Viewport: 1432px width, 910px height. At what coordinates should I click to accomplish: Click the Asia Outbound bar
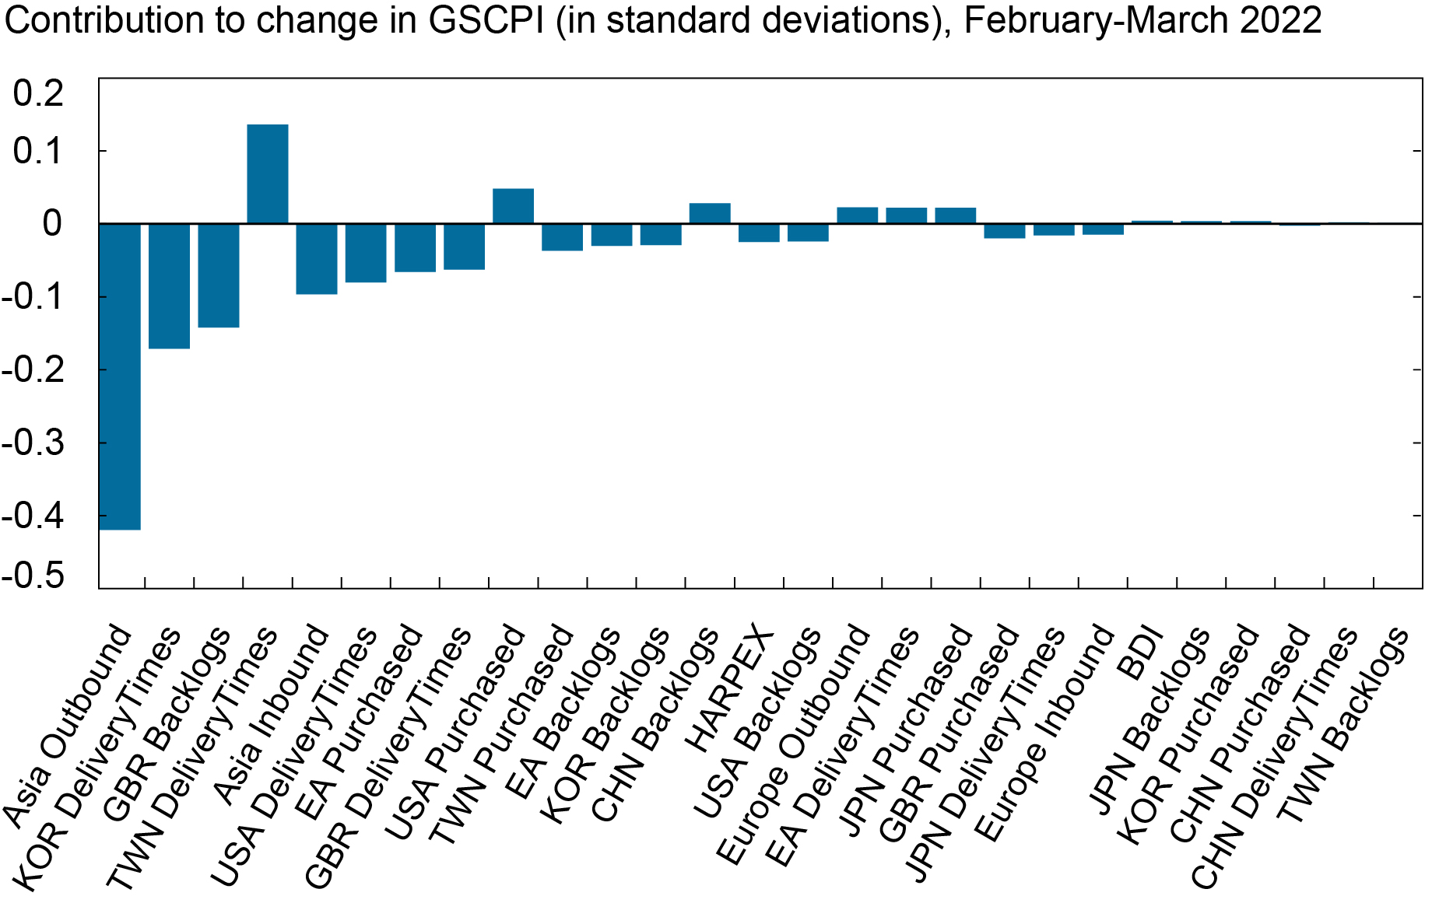pos(120,376)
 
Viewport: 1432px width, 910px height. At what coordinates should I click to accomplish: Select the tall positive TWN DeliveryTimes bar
pos(267,174)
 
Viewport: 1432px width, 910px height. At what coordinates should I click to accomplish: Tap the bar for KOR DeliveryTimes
pos(169,285)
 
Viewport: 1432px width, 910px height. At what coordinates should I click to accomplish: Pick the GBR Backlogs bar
pos(218,275)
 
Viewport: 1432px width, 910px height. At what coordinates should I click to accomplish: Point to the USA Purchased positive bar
pos(513,206)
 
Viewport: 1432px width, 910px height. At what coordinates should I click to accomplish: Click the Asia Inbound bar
pos(316,259)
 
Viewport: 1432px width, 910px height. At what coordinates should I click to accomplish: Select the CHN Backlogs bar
pos(710,214)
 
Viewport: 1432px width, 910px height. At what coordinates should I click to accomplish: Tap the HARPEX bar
pos(758,233)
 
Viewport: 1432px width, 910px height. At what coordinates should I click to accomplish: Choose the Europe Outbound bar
pos(857,215)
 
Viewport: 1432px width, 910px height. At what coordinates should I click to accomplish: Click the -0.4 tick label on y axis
pos(33,515)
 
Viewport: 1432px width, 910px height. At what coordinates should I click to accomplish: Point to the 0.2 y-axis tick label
pos(39,93)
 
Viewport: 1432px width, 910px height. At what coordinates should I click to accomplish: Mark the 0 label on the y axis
pos(52,224)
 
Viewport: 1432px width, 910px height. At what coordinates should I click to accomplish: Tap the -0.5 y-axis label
pos(33,576)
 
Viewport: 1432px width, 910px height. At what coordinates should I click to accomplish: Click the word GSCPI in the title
pos(486,20)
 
